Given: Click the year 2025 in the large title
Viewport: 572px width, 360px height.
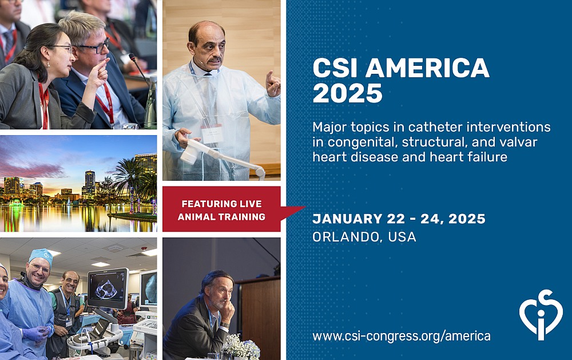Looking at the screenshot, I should click(x=347, y=93).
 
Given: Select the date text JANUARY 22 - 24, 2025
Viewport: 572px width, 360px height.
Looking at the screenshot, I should click(x=399, y=219).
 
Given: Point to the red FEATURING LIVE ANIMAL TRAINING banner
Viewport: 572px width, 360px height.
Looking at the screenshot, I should click(x=221, y=210).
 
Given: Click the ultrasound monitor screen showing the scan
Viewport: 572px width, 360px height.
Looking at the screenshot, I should click(x=107, y=288).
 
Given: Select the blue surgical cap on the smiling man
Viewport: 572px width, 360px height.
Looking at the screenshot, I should click(x=41, y=256).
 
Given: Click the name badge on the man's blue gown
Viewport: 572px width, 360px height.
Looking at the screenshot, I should click(x=212, y=133).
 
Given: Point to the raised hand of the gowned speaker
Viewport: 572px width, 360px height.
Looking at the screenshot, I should click(x=273, y=84).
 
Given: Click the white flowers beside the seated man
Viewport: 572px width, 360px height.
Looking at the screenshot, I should click(x=241, y=346).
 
